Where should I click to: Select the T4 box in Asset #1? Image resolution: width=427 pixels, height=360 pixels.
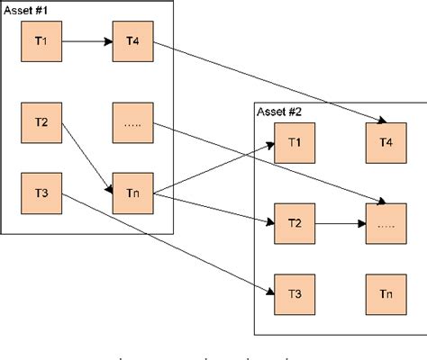click(x=131, y=41)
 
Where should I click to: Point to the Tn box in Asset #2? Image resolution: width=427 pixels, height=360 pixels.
click(x=385, y=294)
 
